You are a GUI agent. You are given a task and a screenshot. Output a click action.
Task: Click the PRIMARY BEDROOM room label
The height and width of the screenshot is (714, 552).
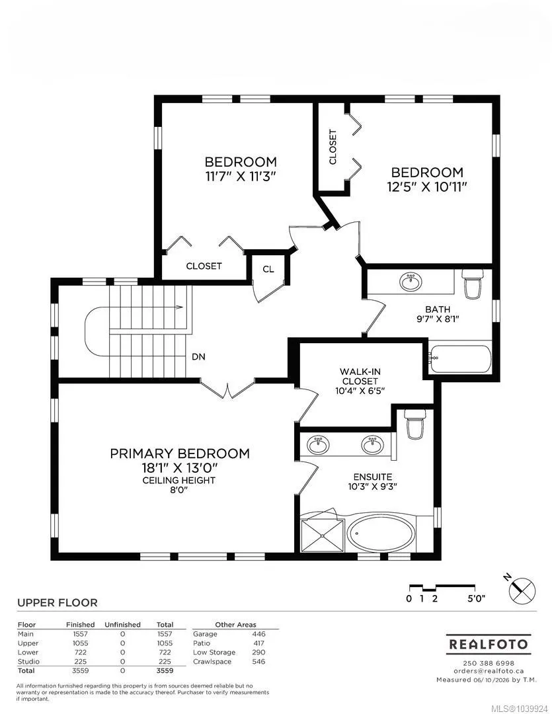pyautogui.click(x=179, y=454)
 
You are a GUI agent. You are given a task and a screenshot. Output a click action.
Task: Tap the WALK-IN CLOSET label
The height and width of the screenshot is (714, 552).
pyautogui.click(x=360, y=376)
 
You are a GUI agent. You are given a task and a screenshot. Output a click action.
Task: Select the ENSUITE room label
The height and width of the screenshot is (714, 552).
pyautogui.click(x=373, y=477)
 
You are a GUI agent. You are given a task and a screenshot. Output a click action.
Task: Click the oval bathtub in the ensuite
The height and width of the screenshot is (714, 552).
pyautogui.click(x=381, y=535)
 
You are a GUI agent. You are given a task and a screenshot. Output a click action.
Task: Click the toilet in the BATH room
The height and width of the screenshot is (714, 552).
pyautogui.click(x=472, y=284)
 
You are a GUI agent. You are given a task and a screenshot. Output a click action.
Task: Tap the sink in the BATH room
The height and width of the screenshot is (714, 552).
pyautogui.click(x=411, y=282)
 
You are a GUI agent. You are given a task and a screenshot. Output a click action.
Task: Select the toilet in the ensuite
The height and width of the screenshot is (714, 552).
pyautogui.click(x=415, y=424)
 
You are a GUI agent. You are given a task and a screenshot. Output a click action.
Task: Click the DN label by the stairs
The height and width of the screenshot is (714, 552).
pyautogui.click(x=198, y=357)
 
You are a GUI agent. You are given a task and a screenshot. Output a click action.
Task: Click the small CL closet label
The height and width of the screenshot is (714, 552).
pyautogui.click(x=268, y=269)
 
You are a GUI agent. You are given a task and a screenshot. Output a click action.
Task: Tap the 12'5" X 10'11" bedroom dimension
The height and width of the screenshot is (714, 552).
pyautogui.click(x=427, y=187)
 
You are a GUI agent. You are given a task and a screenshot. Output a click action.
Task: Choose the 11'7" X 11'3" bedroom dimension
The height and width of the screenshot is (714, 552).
pyautogui.click(x=241, y=177)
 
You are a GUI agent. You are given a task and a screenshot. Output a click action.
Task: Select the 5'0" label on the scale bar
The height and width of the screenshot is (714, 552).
pyautogui.click(x=477, y=598)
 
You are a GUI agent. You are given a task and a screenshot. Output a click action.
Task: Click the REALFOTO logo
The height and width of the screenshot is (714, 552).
pyautogui.click(x=488, y=645)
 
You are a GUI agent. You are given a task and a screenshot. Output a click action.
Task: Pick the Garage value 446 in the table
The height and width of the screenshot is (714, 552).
pyautogui.click(x=258, y=634)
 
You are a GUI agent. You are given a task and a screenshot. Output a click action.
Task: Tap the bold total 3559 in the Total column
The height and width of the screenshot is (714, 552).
pyautogui.click(x=165, y=671)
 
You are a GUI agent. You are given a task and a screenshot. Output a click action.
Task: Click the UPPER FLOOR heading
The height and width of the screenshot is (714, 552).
pyautogui.click(x=58, y=602)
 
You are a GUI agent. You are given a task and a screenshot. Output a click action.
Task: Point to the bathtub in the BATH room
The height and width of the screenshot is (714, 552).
pyautogui.click(x=461, y=359)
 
